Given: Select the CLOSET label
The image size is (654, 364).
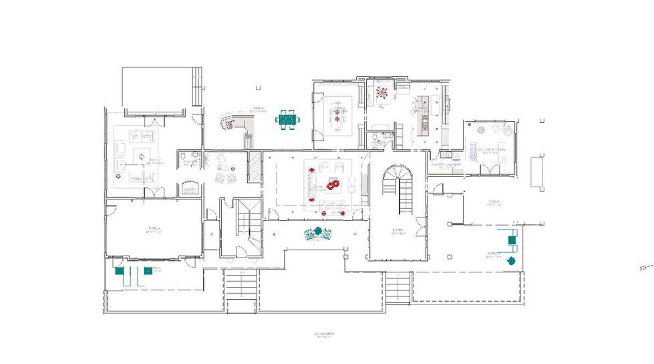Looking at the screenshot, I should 189,189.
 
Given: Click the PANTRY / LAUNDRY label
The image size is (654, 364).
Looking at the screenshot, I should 443,165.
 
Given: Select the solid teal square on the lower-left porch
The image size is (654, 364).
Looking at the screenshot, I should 119,272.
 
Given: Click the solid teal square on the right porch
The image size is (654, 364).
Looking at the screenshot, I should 512,240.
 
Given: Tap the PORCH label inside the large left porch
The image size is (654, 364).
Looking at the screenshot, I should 154,230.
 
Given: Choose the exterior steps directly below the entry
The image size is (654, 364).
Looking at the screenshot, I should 397,288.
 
